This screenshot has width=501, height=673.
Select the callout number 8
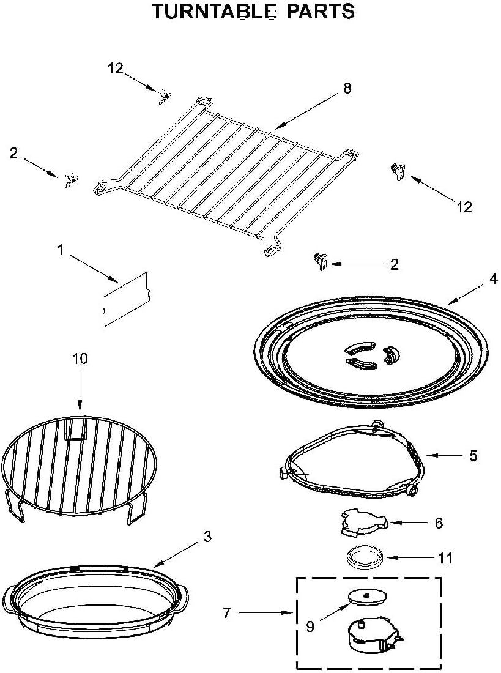347,88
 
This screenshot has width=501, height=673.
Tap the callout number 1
61,249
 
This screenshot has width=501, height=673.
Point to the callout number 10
80,359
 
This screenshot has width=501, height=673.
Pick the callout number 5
473,456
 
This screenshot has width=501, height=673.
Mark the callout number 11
445,558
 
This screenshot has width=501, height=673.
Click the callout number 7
227,612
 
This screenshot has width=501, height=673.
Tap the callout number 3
207,537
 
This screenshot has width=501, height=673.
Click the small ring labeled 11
365,557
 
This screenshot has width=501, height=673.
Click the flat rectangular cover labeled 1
126,299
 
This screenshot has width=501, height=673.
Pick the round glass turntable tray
371,352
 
